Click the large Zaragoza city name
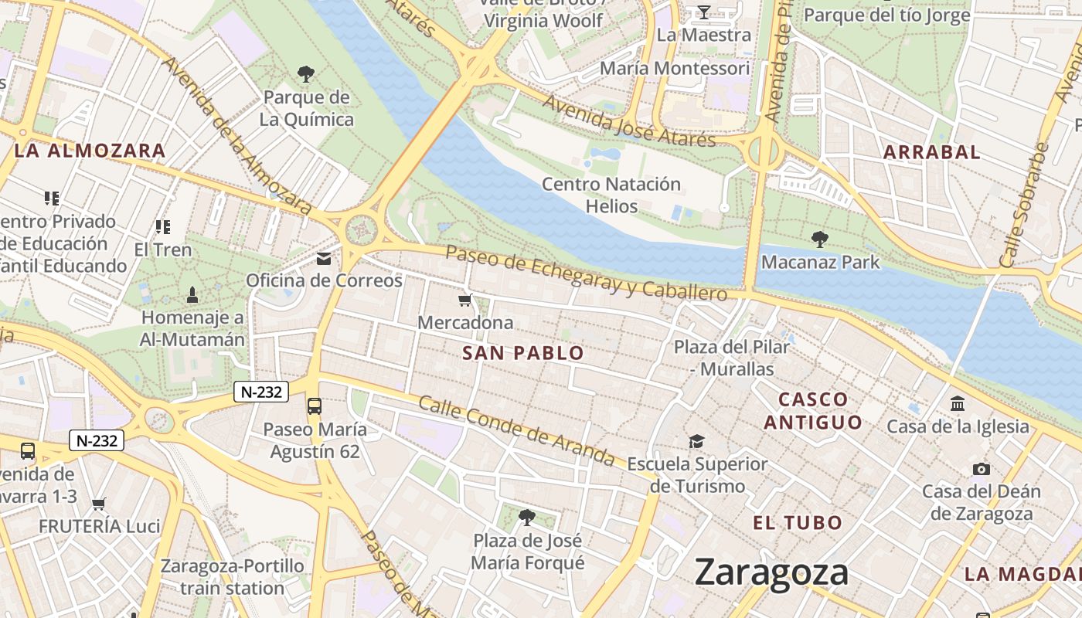tap(771, 572)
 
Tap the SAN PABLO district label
tap(523, 354)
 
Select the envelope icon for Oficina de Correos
tap(324, 259)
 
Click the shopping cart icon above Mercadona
tap(464, 301)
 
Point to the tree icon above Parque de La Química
tap(306, 74)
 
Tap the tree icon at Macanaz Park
tap(820, 239)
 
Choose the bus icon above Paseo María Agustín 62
tap(314, 406)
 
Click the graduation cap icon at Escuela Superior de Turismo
tap(696, 442)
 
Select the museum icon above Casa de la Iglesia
tap(958, 403)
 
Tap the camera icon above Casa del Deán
tap(981, 469)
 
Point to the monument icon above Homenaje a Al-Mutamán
tap(192, 294)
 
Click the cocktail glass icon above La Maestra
tap(703, 12)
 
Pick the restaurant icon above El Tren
tap(162, 227)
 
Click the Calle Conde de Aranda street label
tap(516, 431)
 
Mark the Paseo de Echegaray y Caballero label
tap(587, 273)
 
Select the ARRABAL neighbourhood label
tap(931, 152)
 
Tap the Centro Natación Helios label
tap(611, 195)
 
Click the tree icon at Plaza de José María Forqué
tap(527, 517)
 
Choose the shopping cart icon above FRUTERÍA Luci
tap(99, 504)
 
